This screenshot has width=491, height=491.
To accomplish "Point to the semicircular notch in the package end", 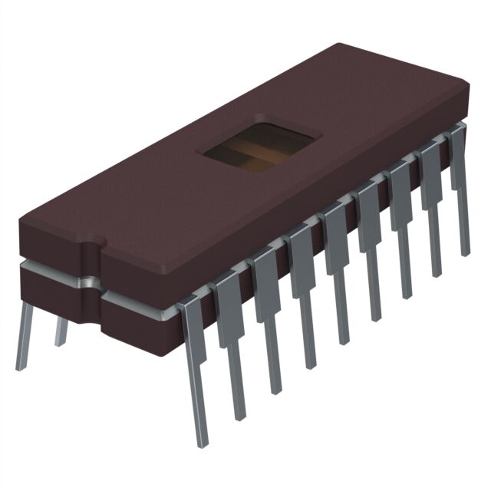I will [91, 244].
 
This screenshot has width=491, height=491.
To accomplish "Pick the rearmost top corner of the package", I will [338, 44].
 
